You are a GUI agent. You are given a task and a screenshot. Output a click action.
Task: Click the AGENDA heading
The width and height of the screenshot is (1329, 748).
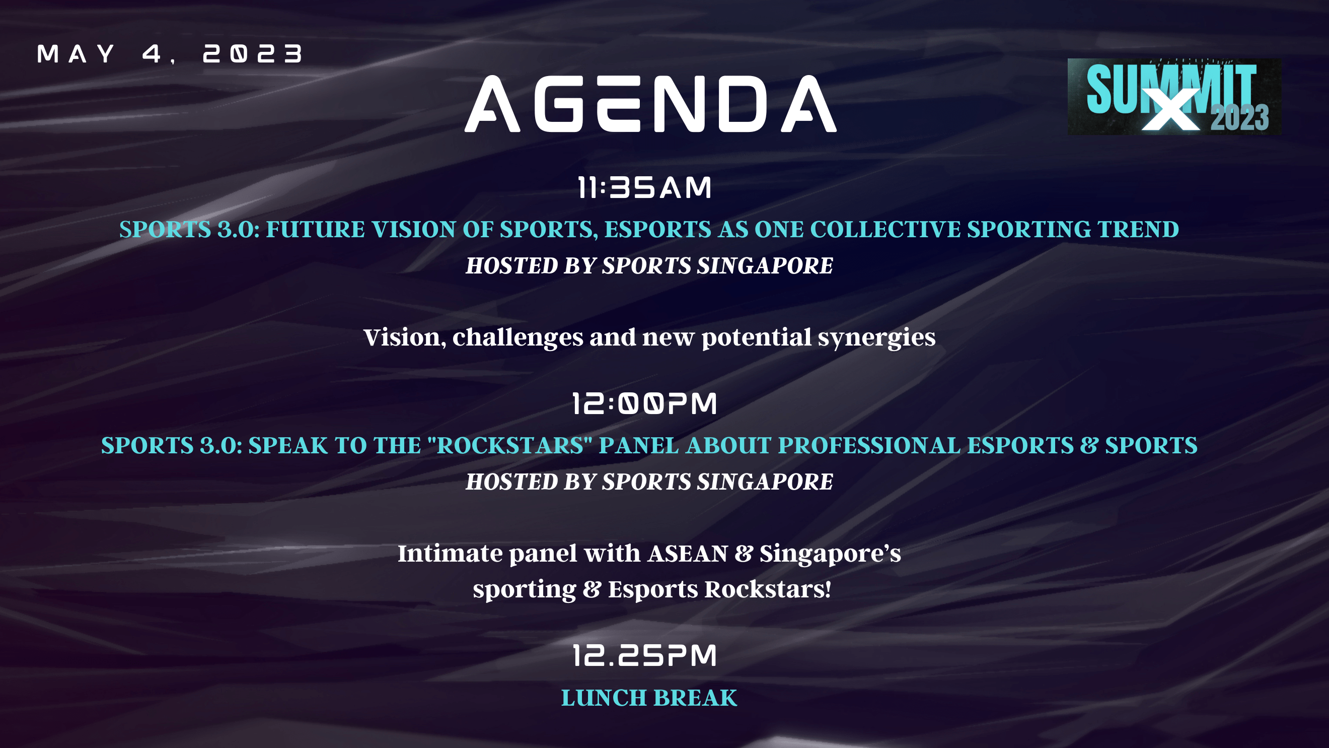pos(650,103)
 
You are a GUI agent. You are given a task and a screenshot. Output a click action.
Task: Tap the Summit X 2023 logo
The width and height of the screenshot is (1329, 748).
pos(1174,97)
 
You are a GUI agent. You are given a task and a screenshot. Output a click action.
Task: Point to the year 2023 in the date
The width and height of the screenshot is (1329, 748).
pos(253,54)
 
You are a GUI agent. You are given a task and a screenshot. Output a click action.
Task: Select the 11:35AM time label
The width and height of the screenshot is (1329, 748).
pos(644,187)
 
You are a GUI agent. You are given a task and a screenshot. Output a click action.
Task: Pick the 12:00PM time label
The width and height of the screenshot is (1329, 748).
pos(644,403)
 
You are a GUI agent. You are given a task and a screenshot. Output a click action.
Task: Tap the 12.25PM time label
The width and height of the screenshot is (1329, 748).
pos(645,656)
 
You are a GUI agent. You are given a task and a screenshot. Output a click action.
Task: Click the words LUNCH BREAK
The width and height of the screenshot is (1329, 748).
pos(649,698)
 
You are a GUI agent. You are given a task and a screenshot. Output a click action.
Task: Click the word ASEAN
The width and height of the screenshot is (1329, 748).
pos(688,554)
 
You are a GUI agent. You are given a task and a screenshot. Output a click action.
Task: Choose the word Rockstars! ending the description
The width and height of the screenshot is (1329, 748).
pos(768,589)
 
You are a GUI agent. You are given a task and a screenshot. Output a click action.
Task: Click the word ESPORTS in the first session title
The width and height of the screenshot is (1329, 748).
pos(658,229)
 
